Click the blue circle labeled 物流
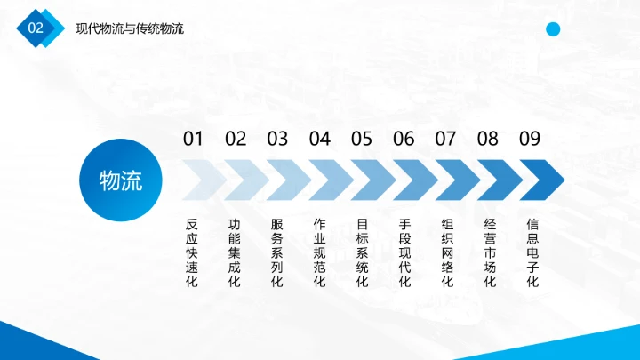pos(121,180)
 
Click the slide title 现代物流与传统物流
pos(130,29)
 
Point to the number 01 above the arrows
pos(193,139)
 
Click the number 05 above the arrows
pos(362,139)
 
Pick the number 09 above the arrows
pos(530,139)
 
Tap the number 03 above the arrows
pos(277,139)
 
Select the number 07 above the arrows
pos(445,139)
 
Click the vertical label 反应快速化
pos(192,253)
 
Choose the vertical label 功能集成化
pos(235,253)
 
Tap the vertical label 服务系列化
pos(276,253)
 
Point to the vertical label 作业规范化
pos(319,253)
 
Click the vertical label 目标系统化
pos(362,253)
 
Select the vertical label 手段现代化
pos(404,253)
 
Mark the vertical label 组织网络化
pos(447,253)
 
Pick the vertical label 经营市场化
pos(490,253)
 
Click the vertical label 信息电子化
pos(532,253)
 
